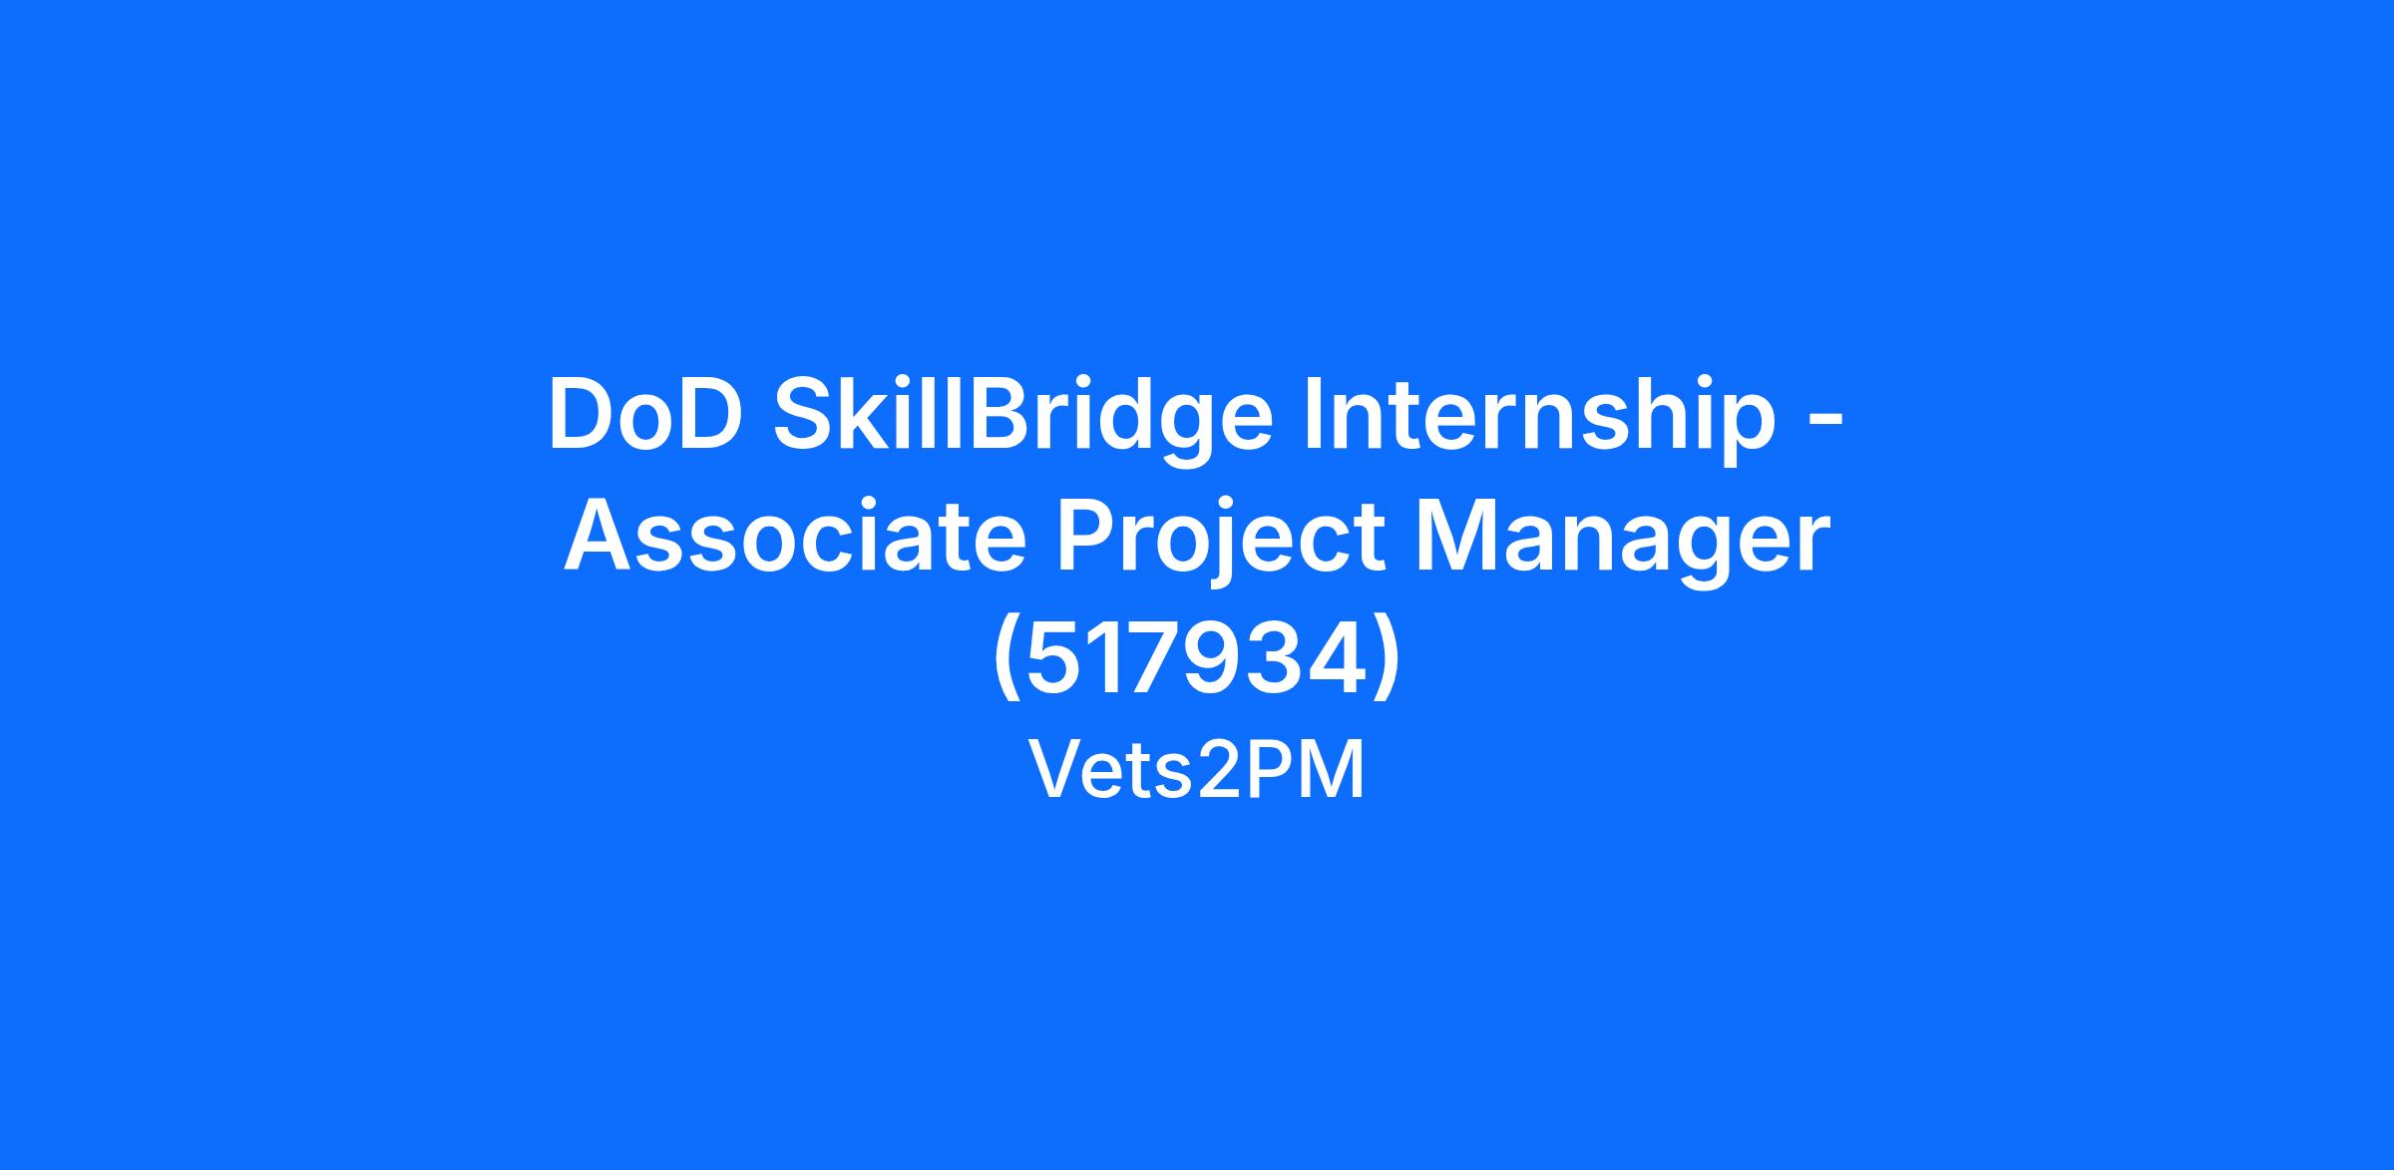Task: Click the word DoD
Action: coord(644,414)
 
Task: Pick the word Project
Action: coord(1220,544)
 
